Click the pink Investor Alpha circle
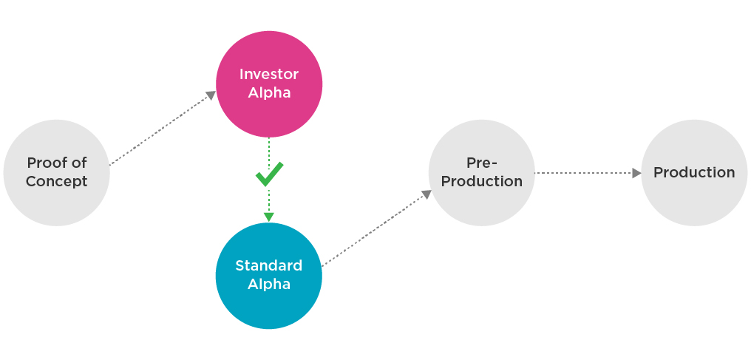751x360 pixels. coord(269,84)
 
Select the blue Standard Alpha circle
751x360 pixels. coord(269,276)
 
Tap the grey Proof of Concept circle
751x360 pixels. coord(56,173)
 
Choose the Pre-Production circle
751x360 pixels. coord(481,173)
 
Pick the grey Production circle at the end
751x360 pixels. coord(694,173)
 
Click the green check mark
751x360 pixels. coord(269,174)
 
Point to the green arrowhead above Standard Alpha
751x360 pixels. coord(269,217)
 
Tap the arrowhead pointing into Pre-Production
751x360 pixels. coord(427,194)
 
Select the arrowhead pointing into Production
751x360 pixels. coord(636,173)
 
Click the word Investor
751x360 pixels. coord(269,74)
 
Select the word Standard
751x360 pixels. coord(269,265)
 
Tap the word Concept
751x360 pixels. coord(56,182)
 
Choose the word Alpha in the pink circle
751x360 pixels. coord(269,92)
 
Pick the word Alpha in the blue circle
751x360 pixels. coord(269,284)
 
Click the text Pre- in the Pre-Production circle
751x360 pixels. coord(482,163)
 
